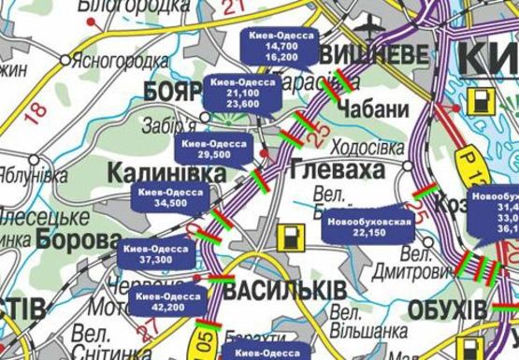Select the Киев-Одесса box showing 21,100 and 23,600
235,93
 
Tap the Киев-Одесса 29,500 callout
214,150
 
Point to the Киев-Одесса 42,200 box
169,301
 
